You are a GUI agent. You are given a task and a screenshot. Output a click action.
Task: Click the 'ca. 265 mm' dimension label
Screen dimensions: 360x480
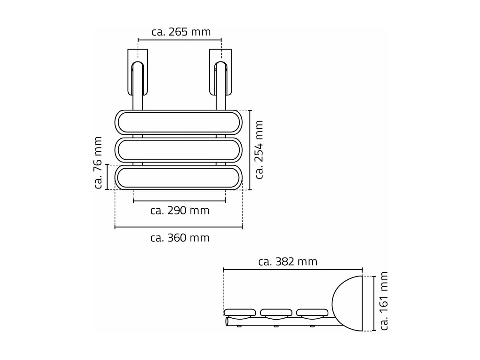pyautogui.click(x=181, y=32)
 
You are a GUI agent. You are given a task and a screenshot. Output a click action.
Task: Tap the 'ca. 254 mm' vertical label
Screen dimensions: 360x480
pyautogui.click(x=259, y=149)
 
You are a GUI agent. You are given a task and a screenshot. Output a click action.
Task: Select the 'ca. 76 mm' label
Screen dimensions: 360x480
pyautogui.click(x=98, y=163)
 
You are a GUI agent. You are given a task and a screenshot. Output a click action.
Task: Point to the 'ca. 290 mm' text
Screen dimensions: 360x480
pyautogui.click(x=180, y=211)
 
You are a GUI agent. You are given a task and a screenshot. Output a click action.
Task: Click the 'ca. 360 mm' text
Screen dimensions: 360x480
pyautogui.click(x=180, y=238)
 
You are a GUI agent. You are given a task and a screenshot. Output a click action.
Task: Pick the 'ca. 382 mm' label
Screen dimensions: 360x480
pyautogui.click(x=288, y=262)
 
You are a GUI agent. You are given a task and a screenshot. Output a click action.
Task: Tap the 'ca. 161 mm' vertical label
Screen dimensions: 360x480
pyautogui.click(x=384, y=301)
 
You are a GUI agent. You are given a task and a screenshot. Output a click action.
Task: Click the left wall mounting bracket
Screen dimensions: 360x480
pyautogui.click(x=138, y=72)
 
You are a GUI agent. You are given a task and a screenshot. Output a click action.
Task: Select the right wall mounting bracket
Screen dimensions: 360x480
pyautogui.click(x=221, y=72)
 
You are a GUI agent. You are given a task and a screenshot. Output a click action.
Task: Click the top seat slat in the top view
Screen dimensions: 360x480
pyautogui.click(x=179, y=122)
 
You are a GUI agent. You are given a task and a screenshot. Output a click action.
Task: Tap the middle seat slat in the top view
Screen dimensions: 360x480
pyautogui.click(x=179, y=150)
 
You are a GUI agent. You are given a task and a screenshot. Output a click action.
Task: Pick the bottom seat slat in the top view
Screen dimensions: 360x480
pyautogui.click(x=179, y=177)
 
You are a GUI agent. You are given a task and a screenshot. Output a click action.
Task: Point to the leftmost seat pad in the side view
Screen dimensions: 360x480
pyautogui.click(x=240, y=312)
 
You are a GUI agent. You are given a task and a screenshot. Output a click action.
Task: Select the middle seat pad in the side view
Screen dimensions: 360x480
pyautogui.click(x=276, y=312)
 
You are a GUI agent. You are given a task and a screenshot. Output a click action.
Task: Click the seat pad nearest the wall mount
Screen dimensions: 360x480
pyautogui.click(x=312, y=312)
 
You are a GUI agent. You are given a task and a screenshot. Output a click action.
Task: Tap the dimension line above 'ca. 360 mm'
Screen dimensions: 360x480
pyautogui.click(x=179, y=227)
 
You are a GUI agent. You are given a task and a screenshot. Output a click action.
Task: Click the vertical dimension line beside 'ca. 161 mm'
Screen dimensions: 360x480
pyautogui.click(x=374, y=303)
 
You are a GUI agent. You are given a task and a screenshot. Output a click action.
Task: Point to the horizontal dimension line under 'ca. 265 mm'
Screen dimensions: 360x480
pyautogui.click(x=180, y=40)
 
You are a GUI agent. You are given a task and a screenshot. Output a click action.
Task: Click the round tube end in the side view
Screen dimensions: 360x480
pyautogui.click(x=227, y=321)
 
